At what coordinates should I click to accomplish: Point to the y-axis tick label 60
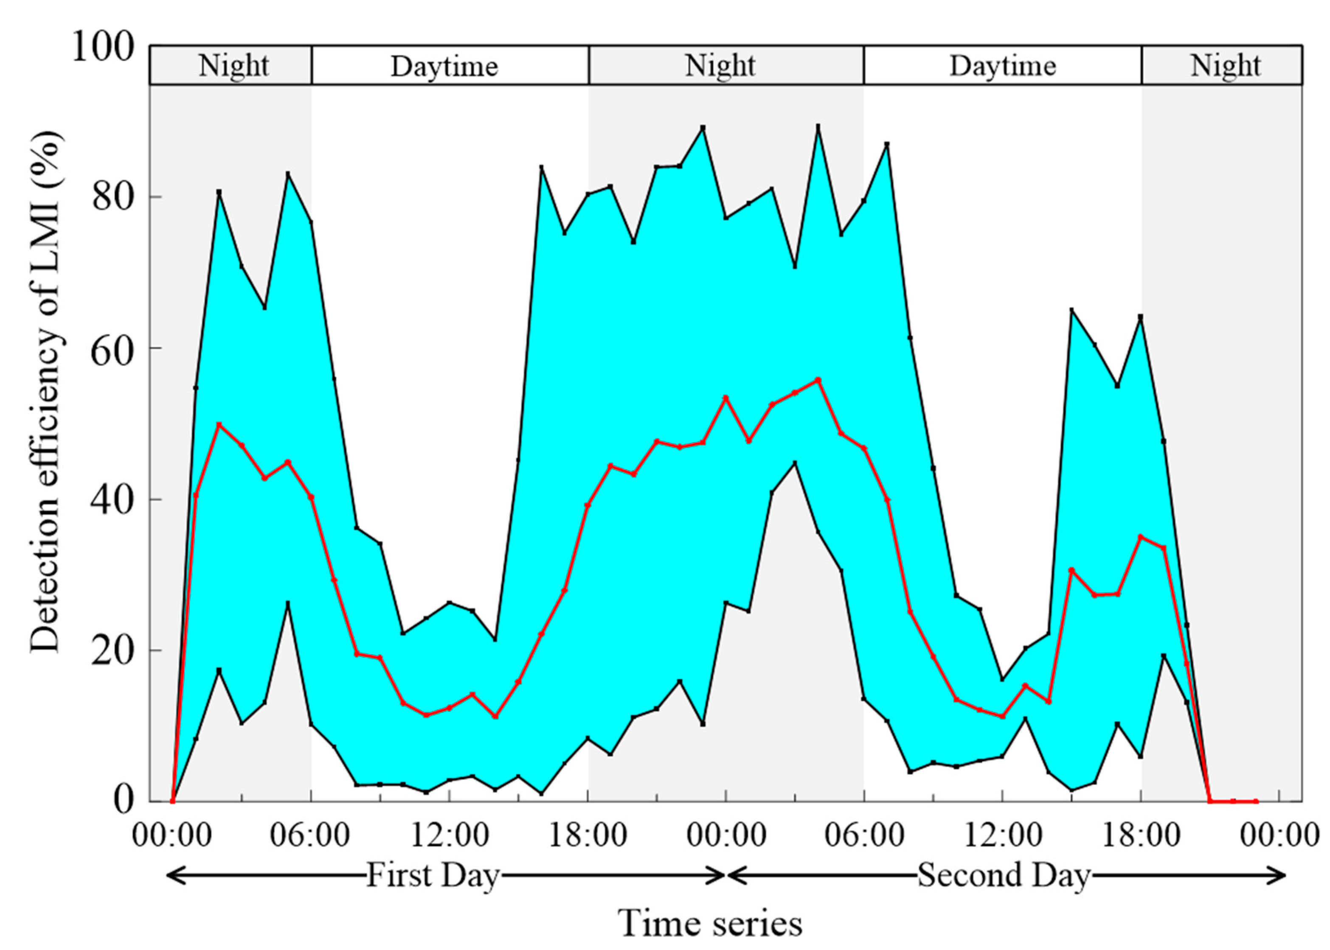(112, 349)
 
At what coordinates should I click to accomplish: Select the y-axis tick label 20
(112, 650)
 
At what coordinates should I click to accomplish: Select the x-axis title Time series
(710, 923)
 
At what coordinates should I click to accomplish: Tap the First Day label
(433, 876)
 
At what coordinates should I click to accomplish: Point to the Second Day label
(1003, 876)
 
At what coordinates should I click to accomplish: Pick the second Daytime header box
(1002, 65)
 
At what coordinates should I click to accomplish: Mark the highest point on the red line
(818, 380)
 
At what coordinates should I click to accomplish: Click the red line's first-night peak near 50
(219, 425)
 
